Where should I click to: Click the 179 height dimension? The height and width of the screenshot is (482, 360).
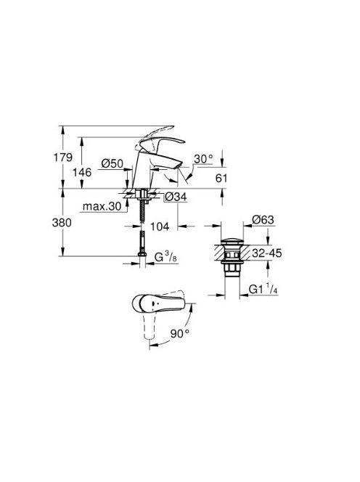pos(63,158)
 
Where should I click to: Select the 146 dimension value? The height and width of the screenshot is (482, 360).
pos(82,172)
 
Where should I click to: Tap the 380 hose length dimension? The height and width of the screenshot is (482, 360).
pos(62,223)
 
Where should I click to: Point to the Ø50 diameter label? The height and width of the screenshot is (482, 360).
pos(112,163)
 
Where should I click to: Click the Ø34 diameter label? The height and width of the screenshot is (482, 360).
pos(176,197)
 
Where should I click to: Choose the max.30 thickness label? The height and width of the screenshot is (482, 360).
pos(102,207)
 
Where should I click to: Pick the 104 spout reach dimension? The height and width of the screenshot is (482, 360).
pos(160,227)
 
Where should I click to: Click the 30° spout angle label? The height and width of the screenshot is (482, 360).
pos(203,159)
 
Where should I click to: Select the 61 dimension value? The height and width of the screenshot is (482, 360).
pos(221,178)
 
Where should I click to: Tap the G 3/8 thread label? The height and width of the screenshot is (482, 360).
pos(166,257)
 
